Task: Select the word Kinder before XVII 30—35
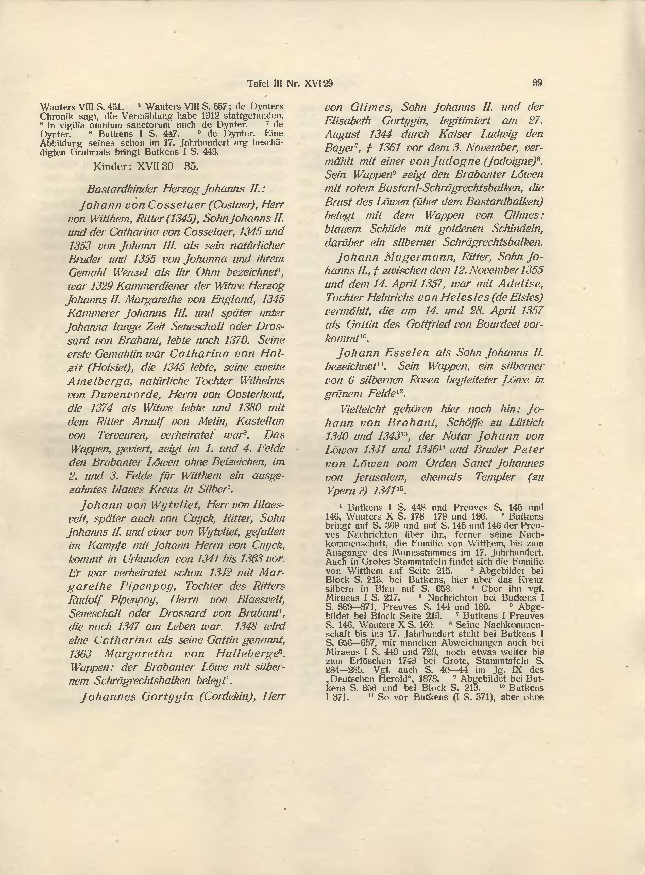(x=111, y=167)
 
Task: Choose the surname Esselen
(x=408, y=353)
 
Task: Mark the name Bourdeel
(x=500, y=324)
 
